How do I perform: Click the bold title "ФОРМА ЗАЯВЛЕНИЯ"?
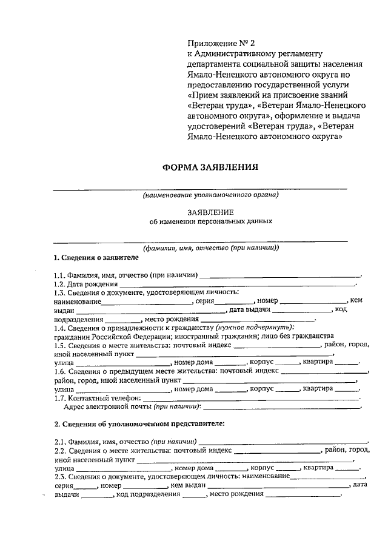tap(210, 167)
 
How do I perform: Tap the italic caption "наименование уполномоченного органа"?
tap(210, 196)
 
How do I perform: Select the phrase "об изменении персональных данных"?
tap(210, 221)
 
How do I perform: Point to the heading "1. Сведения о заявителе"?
tap(92, 257)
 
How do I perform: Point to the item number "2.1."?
tap(59, 442)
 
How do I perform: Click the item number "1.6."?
tap(59, 371)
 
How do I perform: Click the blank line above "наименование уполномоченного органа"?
tap(200, 189)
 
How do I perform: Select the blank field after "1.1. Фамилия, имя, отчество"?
tap(280, 275)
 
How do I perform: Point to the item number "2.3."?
tap(59, 477)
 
